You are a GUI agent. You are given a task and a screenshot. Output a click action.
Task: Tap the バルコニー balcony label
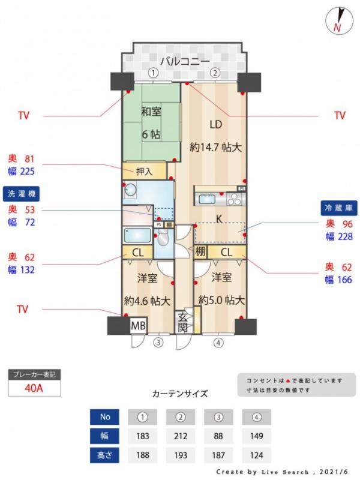tap(185, 62)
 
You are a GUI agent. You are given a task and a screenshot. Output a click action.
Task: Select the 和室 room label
tap(151, 112)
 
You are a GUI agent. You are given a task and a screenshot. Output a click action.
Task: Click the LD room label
tap(216, 124)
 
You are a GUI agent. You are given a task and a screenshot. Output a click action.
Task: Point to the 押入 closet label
tap(144, 172)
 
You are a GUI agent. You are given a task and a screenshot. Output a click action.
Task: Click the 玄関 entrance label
tap(182, 322)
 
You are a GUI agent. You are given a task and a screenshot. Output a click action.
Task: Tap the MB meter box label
tap(139, 325)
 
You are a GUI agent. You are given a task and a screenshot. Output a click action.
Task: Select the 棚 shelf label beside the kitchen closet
tap(200, 251)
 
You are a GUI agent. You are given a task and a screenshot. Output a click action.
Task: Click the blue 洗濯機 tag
tap(21, 194)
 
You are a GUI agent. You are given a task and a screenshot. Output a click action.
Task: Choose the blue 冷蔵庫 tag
tap(338, 208)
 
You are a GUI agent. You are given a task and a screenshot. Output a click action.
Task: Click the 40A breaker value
tap(34, 388)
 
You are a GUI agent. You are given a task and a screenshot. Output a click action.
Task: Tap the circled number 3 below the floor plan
tap(158, 342)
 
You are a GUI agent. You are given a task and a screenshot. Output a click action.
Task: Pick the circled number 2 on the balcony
tap(215, 73)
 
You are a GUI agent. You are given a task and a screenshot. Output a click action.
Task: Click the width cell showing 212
tap(181, 436)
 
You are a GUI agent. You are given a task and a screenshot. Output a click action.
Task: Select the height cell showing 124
tap(257, 455)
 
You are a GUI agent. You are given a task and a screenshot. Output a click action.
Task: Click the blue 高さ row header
tap(104, 455)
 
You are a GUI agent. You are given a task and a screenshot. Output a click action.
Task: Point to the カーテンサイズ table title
tap(180, 394)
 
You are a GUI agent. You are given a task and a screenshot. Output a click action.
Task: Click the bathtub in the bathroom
tap(137, 236)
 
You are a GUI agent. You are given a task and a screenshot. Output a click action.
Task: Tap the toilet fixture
tap(163, 238)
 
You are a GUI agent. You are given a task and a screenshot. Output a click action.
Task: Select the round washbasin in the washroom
tap(131, 190)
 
